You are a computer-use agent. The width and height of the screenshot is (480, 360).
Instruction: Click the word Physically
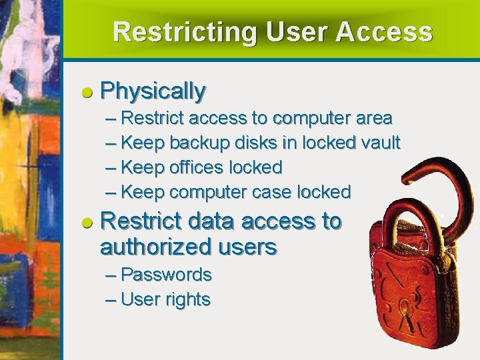(153, 90)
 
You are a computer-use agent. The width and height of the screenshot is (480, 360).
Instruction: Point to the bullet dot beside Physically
(87, 92)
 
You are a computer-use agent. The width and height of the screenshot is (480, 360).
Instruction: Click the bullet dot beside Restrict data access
(87, 223)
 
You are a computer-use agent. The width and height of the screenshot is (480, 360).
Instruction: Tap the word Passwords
(166, 275)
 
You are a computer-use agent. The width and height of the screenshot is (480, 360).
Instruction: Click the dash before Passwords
(111, 275)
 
